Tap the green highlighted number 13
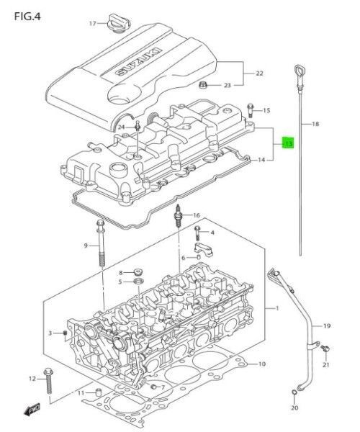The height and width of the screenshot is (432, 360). pos(288,144)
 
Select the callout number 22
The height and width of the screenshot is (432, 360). pos(259,73)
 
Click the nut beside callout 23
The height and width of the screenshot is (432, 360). pos(203,86)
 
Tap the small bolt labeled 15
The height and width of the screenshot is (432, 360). pos(250,110)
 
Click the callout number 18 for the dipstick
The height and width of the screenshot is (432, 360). pos(315,125)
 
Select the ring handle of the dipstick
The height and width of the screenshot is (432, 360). pos(297,69)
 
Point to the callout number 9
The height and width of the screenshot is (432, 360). pos(85,246)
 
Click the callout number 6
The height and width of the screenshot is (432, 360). pos(183,258)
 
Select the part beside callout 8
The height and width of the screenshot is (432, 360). pos(138,273)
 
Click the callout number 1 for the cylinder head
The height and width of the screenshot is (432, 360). pos(276,309)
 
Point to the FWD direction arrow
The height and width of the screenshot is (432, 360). pos(33,410)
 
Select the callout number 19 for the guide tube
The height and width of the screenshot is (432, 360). pos(326,326)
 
